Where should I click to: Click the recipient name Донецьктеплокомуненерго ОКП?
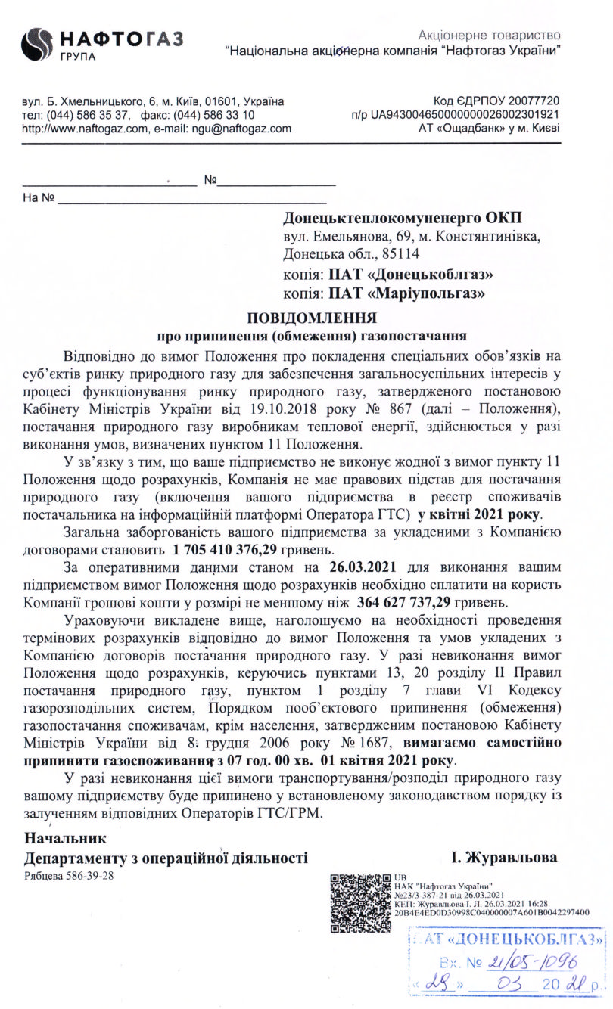pos(402,218)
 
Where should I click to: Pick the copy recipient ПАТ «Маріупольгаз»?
pos(405,291)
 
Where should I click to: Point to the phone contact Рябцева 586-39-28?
pos(69,875)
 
